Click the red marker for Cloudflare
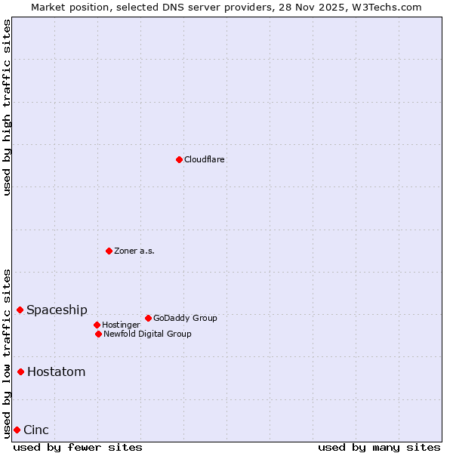pos(179,159)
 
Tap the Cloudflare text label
pos(205,160)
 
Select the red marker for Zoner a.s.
pos(109,251)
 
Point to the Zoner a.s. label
pos(134,251)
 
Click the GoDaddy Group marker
pos(148,318)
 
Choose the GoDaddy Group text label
pos(185,319)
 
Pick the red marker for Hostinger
pos(97,325)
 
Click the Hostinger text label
pos(121,325)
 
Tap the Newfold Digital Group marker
pos(98,334)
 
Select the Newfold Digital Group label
pos(147,334)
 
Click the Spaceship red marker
pos(20,310)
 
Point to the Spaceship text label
pos(57,310)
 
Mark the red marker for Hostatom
pos(20,371)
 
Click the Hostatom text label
pos(56,372)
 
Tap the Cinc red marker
pos(17,430)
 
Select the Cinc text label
pos(36,430)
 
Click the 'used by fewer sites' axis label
pos(78,447)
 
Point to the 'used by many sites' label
pos(379,447)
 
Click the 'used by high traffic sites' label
pos(7,107)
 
